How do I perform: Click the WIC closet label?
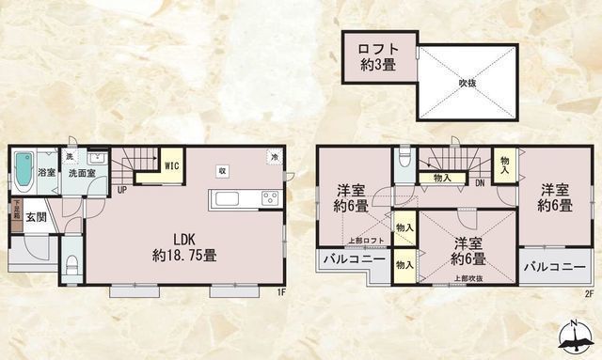[x=172, y=166]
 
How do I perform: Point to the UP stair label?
[x=122, y=188]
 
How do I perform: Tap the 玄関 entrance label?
[x=37, y=217]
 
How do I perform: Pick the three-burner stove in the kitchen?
[x=269, y=197]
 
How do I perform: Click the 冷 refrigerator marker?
[x=274, y=157]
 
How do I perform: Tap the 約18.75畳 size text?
[x=186, y=254]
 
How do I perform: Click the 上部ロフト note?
[x=362, y=241]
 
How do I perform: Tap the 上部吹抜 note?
[x=467, y=278]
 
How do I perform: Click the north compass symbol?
[x=576, y=336]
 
